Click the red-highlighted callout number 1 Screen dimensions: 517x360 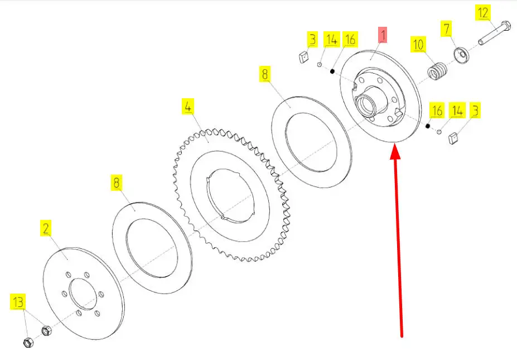pos(383,35)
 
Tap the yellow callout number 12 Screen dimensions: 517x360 pos(483,13)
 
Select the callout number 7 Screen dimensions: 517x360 pos(446,28)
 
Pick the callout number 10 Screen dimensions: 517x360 pos(418,45)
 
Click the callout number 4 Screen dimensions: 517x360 pos(187,107)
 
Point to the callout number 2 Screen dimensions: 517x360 pos(46,228)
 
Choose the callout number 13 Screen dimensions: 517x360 pos(18,301)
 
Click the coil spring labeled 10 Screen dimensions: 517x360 pos(438,71)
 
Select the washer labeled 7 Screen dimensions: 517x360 pos(462,55)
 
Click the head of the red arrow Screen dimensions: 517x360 pos(395,153)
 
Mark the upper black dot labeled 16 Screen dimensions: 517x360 pos(332,71)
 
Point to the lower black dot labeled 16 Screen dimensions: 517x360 pos(428,126)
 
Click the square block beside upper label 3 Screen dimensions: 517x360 pos(303,57)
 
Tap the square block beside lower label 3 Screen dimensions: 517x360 pos(454,138)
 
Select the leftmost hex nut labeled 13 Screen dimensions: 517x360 pos(28,343)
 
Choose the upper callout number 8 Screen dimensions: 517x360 pos(265,74)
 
